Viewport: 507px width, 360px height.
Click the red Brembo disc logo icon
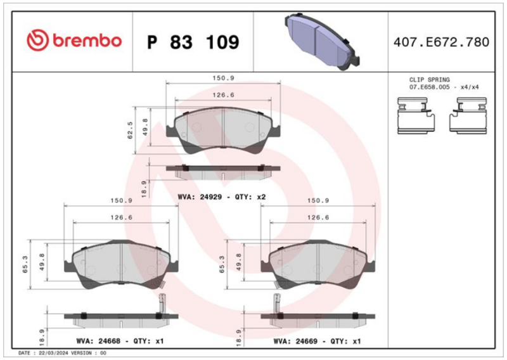click(37, 41)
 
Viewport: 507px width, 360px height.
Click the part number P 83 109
click(193, 42)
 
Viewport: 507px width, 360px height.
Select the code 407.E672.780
click(441, 42)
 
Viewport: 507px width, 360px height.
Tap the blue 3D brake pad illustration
click(322, 41)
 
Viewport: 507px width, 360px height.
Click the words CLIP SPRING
click(430, 80)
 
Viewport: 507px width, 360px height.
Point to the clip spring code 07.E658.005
click(430, 87)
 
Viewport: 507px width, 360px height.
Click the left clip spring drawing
click(416, 115)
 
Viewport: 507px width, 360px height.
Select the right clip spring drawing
click(468, 115)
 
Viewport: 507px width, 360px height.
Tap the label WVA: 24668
click(98, 341)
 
